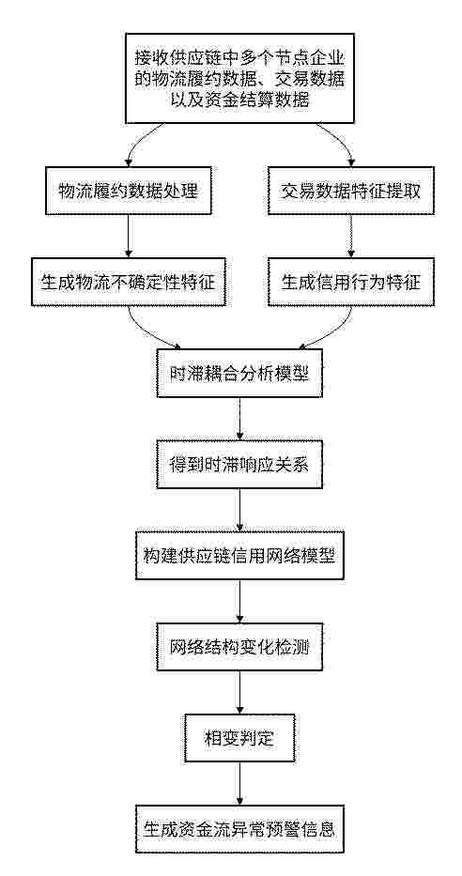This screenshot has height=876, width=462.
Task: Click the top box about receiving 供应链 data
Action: pyautogui.click(x=239, y=78)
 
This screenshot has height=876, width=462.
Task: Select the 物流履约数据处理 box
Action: pyautogui.click(x=128, y=190)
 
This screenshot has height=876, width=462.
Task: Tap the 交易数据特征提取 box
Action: pyautogui.click(x=351, y=190)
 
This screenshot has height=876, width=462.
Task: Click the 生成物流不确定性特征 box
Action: pyautogui.click(x=128, y=282)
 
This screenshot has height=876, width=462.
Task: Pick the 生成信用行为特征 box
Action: pyautogui.click(x=351, y=282)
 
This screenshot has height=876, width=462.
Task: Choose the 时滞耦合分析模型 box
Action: pyautogui.click(x=239, y=373)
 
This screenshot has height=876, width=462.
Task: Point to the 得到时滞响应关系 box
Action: pyautogui.click(x=239, y=464)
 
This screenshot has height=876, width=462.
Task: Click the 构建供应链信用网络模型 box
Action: pyautogui.click(x=239, y=555)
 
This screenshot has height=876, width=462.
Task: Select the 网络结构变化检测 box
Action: pyautogui.click(x=239, y=647)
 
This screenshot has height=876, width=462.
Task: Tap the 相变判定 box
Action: pyautogui.click(x=239, y=738)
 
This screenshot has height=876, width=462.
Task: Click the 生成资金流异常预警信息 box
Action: pyautogui.click(x=239, y=829)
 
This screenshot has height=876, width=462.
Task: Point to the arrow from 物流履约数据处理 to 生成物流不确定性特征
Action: pyautogui.click(x=128, y=237)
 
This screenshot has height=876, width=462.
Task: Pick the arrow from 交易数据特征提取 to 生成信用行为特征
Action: pyautogui.click(x=351, y=237)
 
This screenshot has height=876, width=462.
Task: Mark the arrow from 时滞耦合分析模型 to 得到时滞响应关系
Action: pyautogui.click(x=239, y=419)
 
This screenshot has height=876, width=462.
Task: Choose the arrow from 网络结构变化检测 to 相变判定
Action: pyautogui.click(x=239, y=693)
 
